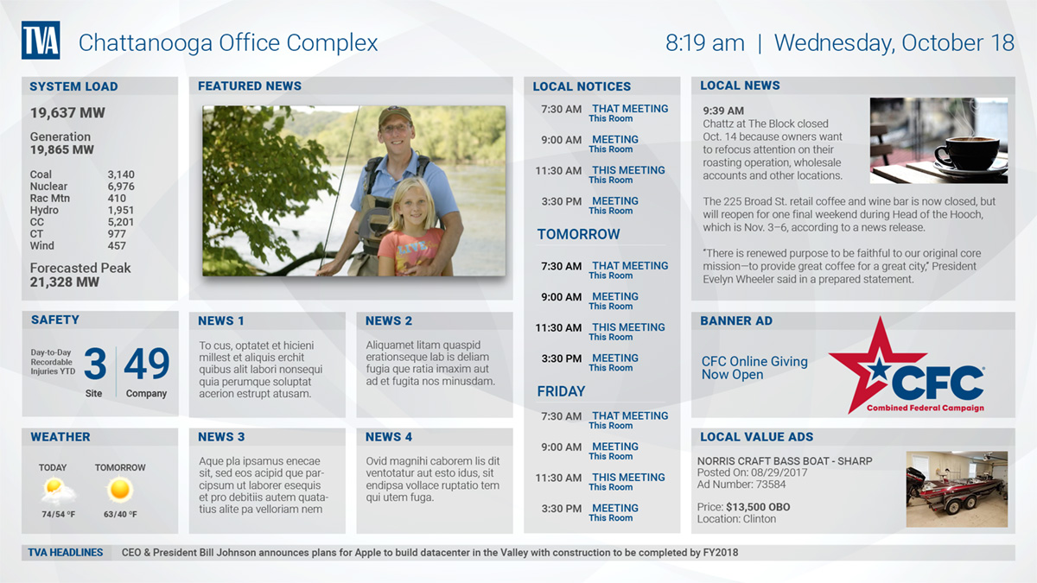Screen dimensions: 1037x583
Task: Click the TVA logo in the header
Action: pos(41,41)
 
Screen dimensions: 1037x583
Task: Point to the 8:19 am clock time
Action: pos(704,43)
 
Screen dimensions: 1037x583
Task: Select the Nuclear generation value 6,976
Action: pos(121,187)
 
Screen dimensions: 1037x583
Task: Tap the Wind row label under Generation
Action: pos(42,245)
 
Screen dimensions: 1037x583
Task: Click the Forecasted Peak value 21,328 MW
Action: pos(65,282)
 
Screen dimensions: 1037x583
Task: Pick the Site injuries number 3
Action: pos(95,364)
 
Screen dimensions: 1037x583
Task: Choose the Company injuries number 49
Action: pos(146,364)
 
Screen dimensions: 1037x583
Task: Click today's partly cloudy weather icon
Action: pos(57,491)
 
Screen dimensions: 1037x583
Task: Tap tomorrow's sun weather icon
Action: pos(120,490)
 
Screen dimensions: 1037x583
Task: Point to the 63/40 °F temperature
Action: pos(120,514)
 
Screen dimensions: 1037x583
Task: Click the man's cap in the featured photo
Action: pos(394,115)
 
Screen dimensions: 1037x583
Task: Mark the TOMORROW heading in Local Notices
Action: pos(578,234)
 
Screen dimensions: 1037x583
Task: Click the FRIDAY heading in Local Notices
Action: pos(561,391)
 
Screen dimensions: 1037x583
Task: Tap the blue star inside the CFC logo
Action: pos(878,370)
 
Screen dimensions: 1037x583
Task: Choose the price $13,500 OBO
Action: pos(758,507)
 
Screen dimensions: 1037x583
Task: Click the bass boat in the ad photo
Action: pos(954,491)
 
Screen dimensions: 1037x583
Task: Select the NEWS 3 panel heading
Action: pos(221,437)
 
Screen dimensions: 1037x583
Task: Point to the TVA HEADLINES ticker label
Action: pos(66,553)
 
